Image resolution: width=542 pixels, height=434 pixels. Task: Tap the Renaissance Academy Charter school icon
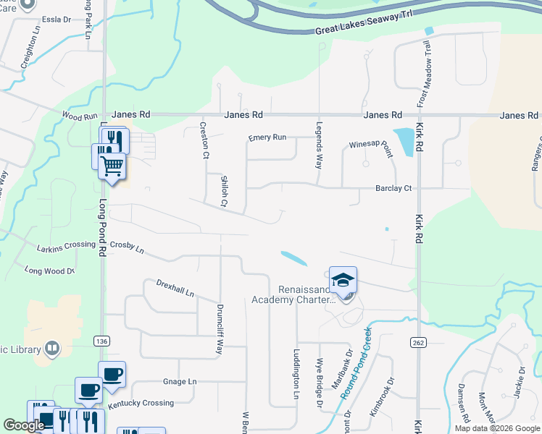[343, 280]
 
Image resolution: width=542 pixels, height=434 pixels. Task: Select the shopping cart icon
[112, 166]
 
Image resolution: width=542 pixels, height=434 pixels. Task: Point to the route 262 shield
[417, 341]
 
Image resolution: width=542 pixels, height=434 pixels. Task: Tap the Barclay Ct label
[393, 188]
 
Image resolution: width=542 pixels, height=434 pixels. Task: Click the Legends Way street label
[319, 143]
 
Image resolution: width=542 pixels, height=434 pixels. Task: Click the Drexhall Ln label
[175, 287]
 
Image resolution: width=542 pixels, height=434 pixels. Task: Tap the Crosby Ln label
[130, 250]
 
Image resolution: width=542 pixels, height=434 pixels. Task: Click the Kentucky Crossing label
[141, 402]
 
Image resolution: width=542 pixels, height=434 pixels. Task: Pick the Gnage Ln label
[180, 381]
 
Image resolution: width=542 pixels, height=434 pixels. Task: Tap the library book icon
[51, 349]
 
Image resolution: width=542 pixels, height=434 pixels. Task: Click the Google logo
[24, 425]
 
